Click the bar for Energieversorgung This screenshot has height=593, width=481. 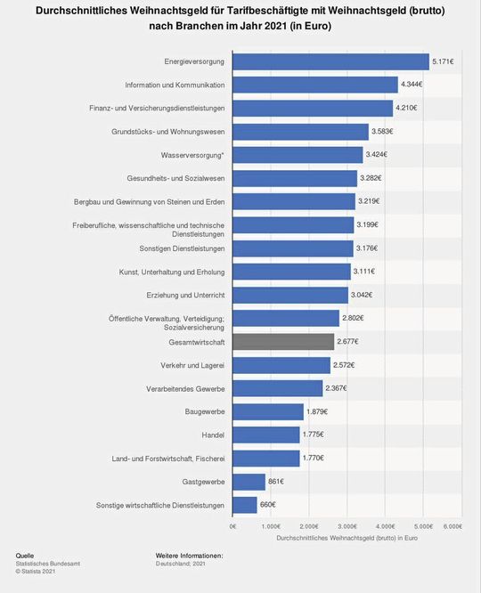[330, 61]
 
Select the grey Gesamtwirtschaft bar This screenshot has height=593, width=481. [283, 342]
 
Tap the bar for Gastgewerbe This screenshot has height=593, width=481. [249, 482]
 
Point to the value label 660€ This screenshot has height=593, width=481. [269, 505]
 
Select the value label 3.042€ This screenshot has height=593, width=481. [364, 295]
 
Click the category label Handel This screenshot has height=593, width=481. [214, 435]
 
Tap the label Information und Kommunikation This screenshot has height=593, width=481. [175, 85]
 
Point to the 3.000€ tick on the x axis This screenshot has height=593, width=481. [347, 527]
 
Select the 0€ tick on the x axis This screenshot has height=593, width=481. [233, 527]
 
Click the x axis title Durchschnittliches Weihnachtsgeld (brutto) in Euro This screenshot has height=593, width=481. [346, 539]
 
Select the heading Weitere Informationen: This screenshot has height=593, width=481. [189, 556]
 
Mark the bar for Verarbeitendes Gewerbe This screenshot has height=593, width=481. [277, 388]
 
